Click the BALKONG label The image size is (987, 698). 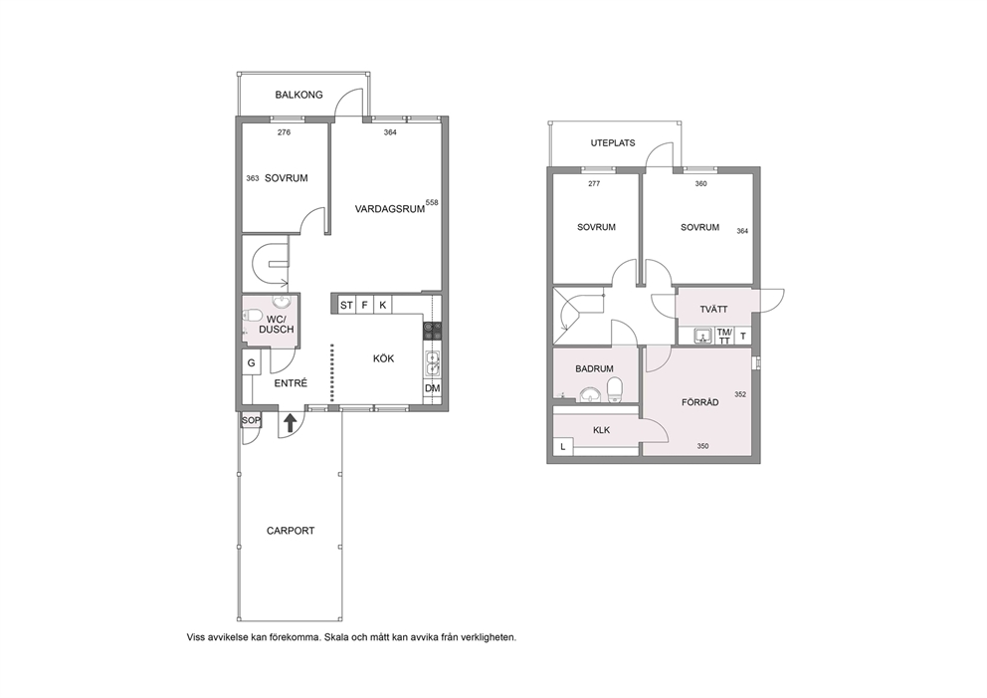coord(299,96)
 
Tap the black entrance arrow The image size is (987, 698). coord(290,422)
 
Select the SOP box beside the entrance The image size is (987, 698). coord(251,420)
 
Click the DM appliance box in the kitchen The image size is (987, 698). coord(433,388)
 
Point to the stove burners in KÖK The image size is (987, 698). coord(433,332)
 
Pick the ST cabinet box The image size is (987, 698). coord(347,306)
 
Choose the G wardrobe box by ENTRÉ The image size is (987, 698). coord(251,362)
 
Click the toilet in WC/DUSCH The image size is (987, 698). coord(252,315)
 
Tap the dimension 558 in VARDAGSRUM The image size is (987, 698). coord(432,203)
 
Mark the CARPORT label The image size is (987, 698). coord(291,531)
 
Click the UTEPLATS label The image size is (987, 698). coord(613,143)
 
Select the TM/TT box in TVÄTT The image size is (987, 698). coord(724,336)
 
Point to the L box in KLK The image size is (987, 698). coord(563,447)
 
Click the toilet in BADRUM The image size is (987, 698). coord(614,389)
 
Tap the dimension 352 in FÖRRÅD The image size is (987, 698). coord(740,395)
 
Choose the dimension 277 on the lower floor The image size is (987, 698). coord(594,184)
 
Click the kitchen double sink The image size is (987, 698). coord(433,363)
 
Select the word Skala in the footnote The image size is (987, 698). coord(334,637)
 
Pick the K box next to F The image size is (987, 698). coord(383,306)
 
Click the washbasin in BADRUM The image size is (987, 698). coord(590,394)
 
